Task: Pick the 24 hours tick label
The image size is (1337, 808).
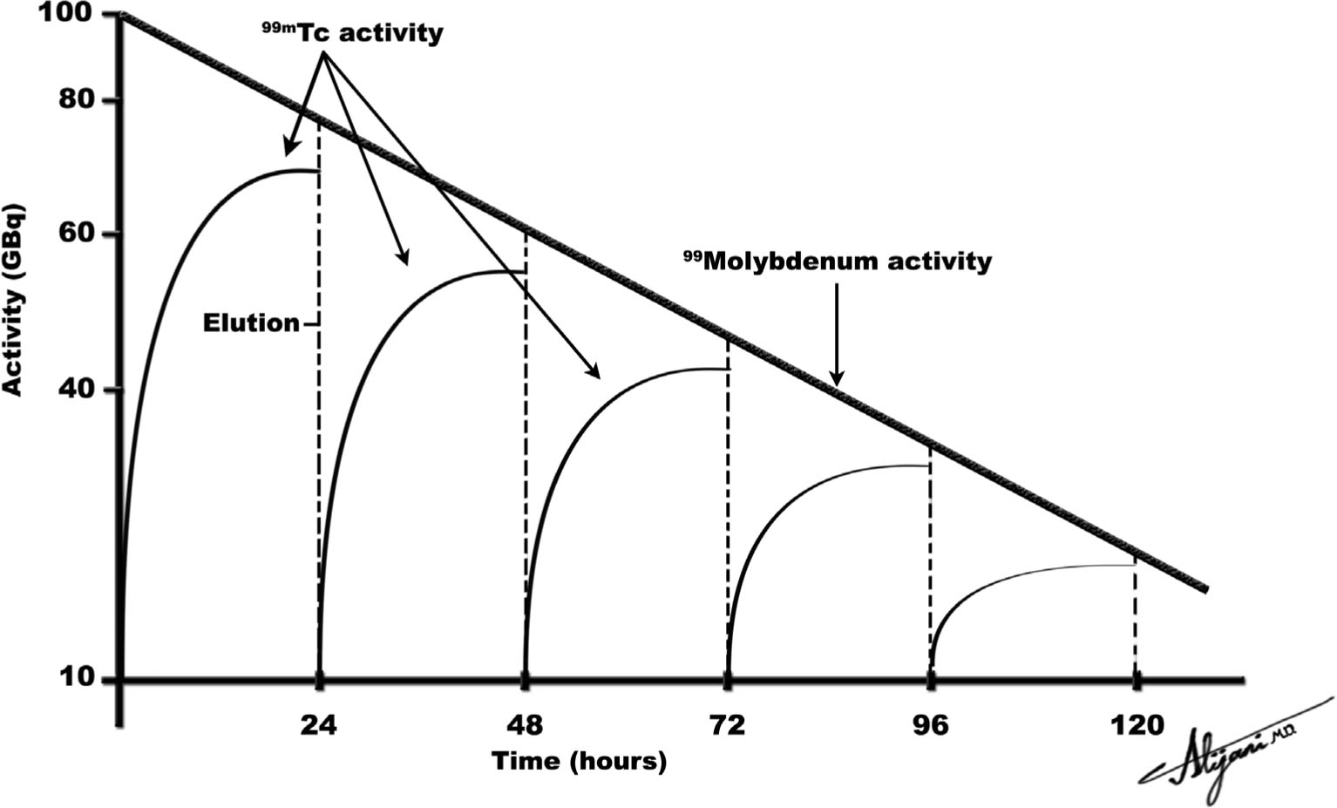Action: click(319, 724)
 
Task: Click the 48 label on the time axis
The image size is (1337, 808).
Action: click(524, 724)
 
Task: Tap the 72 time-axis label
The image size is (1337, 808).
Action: click(727, 724)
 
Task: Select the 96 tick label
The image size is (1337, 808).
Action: click(931, 724)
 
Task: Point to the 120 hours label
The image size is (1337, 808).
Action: click(1135, 724)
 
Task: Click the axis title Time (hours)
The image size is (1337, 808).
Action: click(579, 761)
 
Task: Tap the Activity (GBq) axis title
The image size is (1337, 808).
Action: click(14, 301)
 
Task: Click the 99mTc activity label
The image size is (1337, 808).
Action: click(352, 33)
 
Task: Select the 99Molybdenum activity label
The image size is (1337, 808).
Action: click(837, 261)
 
